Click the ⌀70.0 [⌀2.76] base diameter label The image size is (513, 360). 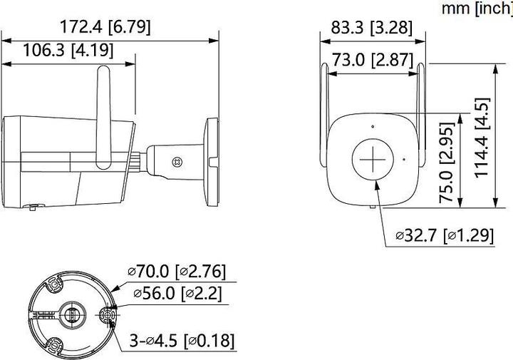coord(177,271)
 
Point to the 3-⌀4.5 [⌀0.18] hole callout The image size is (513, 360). coord(182,340)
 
